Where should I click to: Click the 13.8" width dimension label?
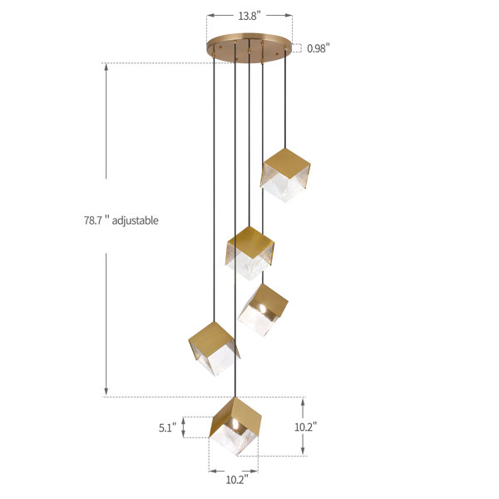click(249, 16)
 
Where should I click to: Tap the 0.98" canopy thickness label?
click(319, 48)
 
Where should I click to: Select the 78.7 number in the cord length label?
click(93, 220)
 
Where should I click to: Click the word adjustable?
click(135, 220)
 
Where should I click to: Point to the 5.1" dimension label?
click(167, 427)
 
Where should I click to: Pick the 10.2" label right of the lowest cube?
click(305, 427)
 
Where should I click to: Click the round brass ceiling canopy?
click(249, 47)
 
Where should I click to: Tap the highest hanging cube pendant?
click(285, 175)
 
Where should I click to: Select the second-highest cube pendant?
click(249, 253)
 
